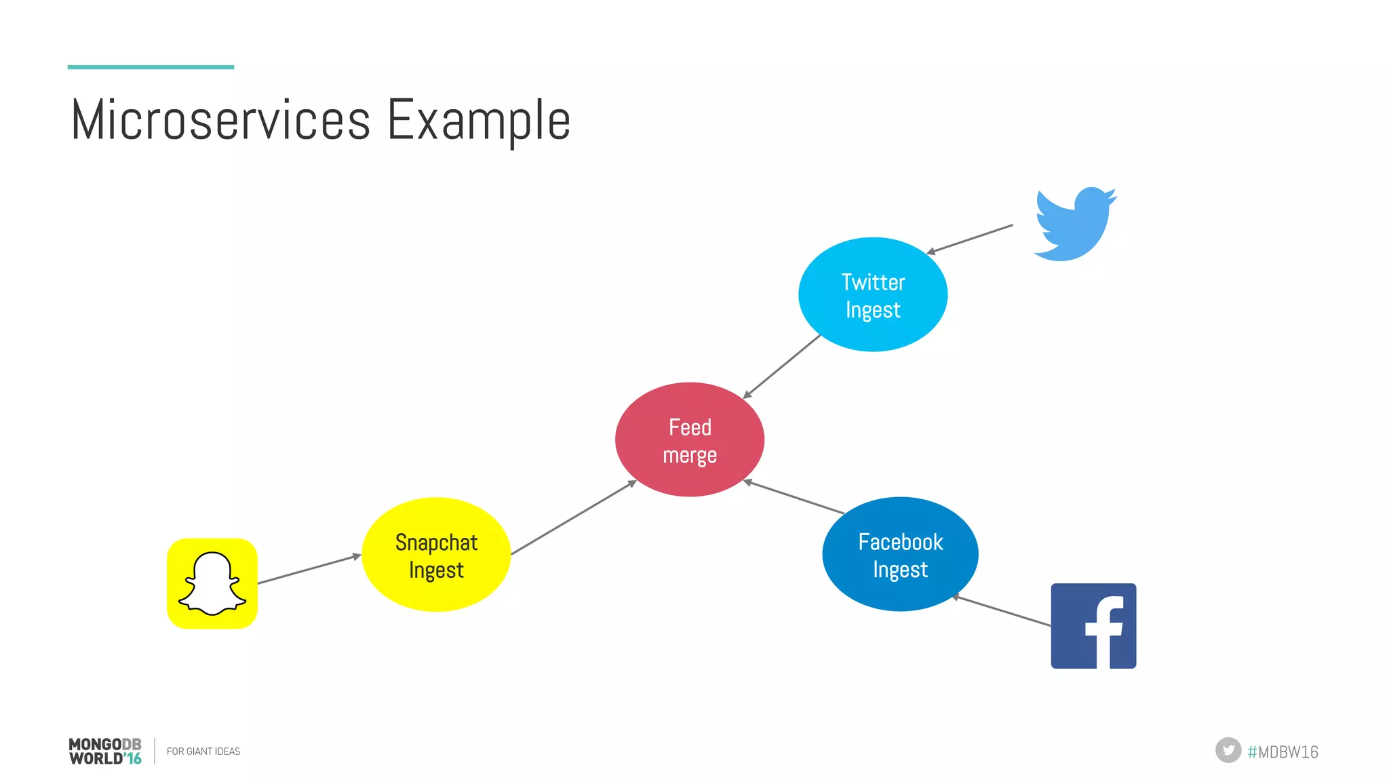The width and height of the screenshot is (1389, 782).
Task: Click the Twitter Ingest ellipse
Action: (x=873, y=294)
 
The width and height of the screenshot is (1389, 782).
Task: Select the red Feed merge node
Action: (x=690, y=439)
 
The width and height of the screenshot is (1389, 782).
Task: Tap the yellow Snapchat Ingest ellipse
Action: (x=436, y=555)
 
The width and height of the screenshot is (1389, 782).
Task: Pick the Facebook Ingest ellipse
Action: (x=900, y=554)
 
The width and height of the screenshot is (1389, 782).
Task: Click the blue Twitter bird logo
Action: (x=1074, y=224)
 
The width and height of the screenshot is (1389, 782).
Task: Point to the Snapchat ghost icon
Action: (x=212, y=583)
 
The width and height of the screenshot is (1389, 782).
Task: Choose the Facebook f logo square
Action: (x=1093, y=625)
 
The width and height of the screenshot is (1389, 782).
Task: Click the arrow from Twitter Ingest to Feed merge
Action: (x=782, y=366)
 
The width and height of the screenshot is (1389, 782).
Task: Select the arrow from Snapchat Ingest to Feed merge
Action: (x=573, y=517)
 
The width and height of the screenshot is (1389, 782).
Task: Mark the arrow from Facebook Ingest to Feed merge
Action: (x=794, y=497)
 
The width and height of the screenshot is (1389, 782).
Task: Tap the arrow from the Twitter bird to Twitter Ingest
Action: (x=970, y=239)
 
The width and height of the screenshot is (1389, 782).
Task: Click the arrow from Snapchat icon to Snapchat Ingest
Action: (x=309, y=569)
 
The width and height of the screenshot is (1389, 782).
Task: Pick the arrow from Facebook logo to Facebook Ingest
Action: (x=1002, y=610)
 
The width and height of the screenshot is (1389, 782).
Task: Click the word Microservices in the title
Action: (x=220, y=120)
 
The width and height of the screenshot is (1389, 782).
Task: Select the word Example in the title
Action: (x=479, y=120)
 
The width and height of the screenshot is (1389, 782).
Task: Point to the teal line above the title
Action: (x=151, y=67)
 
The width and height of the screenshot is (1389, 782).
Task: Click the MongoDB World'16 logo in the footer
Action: (x=105, y=751)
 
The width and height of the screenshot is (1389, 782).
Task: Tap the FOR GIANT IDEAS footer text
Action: (x=203, y=751)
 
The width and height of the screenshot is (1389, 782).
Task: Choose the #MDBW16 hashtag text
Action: (x=1283, y=751)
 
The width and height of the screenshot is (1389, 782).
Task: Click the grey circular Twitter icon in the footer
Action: (x=1228, y=750)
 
